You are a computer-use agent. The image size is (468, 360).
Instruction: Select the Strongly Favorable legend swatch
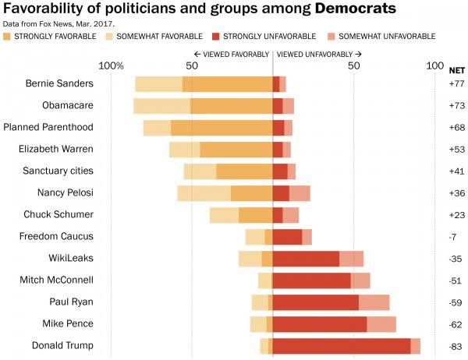[x=8, y=37]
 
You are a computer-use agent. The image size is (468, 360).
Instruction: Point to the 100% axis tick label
[x=112, y=65]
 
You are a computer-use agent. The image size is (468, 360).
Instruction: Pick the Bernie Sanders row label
[x=59, y=83]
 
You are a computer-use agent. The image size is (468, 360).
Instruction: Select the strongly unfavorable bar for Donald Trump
[x=341, y=346]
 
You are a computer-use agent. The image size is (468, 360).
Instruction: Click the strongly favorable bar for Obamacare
[x=231, y=106]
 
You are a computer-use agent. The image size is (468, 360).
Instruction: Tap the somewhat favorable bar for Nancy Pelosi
[x=204, y=193]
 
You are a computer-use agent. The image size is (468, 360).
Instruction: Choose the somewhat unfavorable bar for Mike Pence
[x=381, y=324]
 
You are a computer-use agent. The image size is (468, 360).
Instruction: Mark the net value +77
[x=457, y=83]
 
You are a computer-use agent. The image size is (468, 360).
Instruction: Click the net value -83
[x=457, y=346]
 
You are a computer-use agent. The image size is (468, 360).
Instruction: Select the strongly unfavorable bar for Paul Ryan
[x=315, y=302]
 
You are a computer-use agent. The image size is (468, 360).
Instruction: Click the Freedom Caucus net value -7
[x=457, y=236]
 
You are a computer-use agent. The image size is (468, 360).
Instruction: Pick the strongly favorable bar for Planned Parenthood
[x=222, y=128]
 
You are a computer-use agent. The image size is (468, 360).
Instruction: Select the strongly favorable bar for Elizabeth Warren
[x=236, y=150]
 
